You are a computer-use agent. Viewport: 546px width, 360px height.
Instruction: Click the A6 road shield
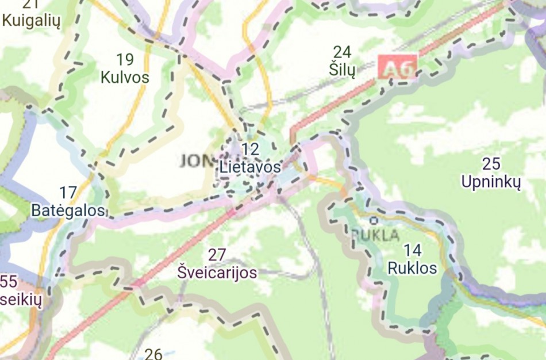point(397,68)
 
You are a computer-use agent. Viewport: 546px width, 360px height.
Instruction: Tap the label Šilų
point(343,70)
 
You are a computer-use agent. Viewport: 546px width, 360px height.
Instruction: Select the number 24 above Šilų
point(342,52)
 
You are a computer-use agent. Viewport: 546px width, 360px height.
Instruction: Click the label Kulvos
point(125,77)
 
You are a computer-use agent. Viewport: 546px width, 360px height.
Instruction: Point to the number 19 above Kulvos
point(125,59)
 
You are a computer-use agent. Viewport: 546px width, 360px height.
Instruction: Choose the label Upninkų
point(491,182)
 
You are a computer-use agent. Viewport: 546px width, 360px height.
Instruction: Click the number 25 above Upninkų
point(491,164)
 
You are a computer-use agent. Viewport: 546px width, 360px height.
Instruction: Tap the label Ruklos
point(412,268)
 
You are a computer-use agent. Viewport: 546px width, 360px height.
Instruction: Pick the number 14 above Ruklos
point(412,251)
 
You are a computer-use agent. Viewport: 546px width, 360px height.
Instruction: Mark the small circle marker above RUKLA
point(374,220)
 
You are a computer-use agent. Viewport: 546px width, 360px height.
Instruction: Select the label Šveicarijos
point(217,272)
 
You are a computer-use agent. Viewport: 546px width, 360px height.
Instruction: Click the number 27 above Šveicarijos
point(217,254)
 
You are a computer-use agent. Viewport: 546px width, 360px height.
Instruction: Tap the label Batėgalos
point(68,210)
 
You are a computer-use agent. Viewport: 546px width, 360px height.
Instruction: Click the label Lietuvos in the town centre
point(250,167)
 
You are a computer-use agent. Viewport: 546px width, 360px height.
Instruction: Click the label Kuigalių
point(31,21)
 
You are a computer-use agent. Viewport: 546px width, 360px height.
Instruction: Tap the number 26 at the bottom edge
point(153,354)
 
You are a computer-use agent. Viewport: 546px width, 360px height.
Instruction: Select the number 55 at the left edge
point(8,282)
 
